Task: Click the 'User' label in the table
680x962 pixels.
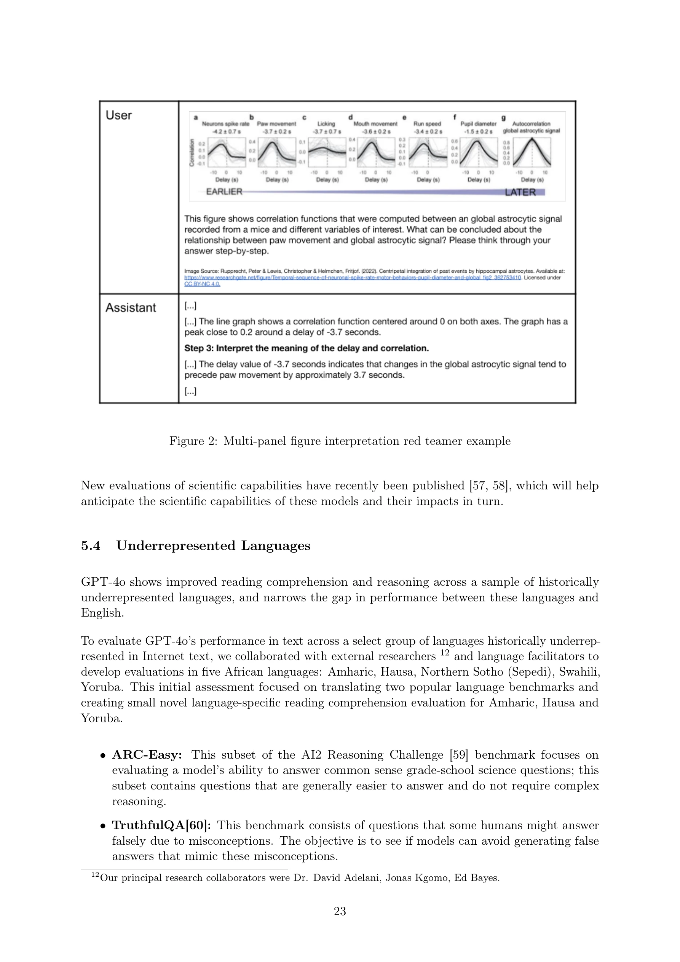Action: (x=118, y=115)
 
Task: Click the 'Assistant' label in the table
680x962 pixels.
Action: (x=130, y=308)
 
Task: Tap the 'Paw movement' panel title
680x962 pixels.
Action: (x=276, y=124)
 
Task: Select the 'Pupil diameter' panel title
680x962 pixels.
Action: (x=478, y=124)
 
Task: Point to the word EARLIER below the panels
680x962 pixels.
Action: (x=224, y=192)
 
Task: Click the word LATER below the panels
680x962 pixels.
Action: (x=520, y=192)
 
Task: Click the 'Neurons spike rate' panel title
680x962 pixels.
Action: (x=225, y=124)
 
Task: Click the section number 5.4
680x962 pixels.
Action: (x=91, y=546)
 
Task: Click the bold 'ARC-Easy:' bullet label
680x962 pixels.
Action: (x=147, y=755)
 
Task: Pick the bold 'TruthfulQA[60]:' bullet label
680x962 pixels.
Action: (x=161, y=825)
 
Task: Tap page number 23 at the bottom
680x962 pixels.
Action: (x=340, y=911)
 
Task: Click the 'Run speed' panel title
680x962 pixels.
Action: (x=427, y=124)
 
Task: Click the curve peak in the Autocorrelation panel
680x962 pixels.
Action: (x=532, y=139)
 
